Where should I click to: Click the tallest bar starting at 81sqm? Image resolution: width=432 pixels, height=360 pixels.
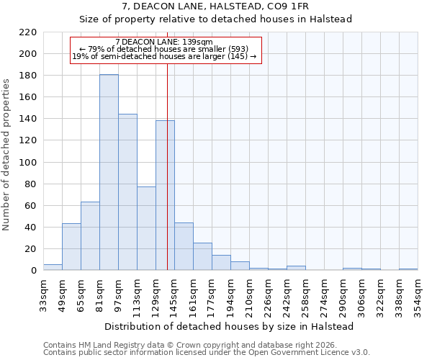click(109, 173)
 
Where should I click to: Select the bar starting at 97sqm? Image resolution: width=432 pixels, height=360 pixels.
click(127, 192)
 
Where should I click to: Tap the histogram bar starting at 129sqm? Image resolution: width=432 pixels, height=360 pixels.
click(165, 195)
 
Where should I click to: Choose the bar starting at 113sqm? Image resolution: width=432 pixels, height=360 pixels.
click(146, 228)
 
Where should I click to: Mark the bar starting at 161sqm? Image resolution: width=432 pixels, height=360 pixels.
click(202, 256)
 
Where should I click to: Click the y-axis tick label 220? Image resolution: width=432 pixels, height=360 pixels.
click(28, 32)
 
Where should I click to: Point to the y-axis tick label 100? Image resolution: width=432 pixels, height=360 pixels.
click(28, 163)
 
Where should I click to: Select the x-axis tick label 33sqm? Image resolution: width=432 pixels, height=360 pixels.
click(43, 293)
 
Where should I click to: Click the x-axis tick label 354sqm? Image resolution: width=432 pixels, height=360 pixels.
click(418, 293)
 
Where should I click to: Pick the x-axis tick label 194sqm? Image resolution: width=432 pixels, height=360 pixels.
click(230, 293)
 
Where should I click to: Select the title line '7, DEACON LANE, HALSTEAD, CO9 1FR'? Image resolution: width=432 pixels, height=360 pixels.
click(215, 6)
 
